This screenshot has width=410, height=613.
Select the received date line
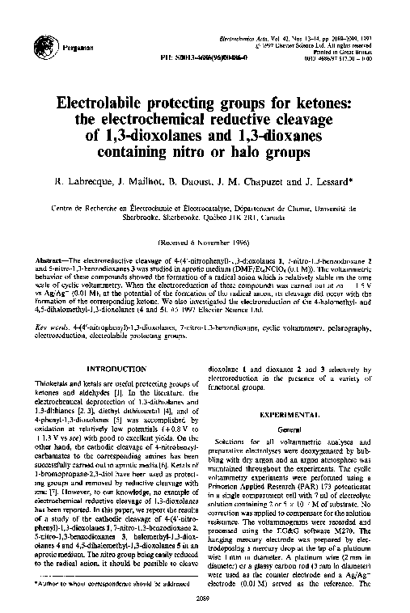(205, 242)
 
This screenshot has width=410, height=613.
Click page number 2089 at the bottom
(205, 599)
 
